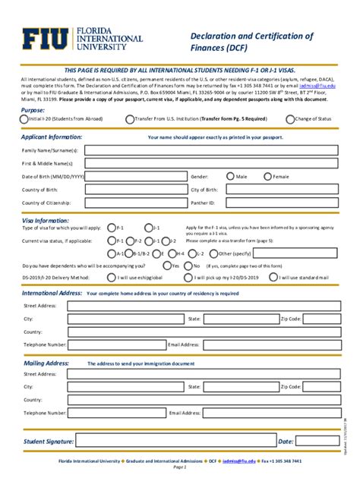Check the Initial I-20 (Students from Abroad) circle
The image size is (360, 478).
[x=24, y=119]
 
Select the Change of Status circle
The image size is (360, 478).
[x=290, y=119]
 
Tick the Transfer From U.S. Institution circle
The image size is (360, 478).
[x=130, y=119]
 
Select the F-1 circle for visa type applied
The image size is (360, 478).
[x=112, y=228]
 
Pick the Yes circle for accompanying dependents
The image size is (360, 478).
[x=167, y=266]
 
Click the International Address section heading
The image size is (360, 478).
[x=52, y=293]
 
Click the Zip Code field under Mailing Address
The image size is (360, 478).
[x=320, y=386]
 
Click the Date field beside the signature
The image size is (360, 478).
[x=315, y=441]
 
